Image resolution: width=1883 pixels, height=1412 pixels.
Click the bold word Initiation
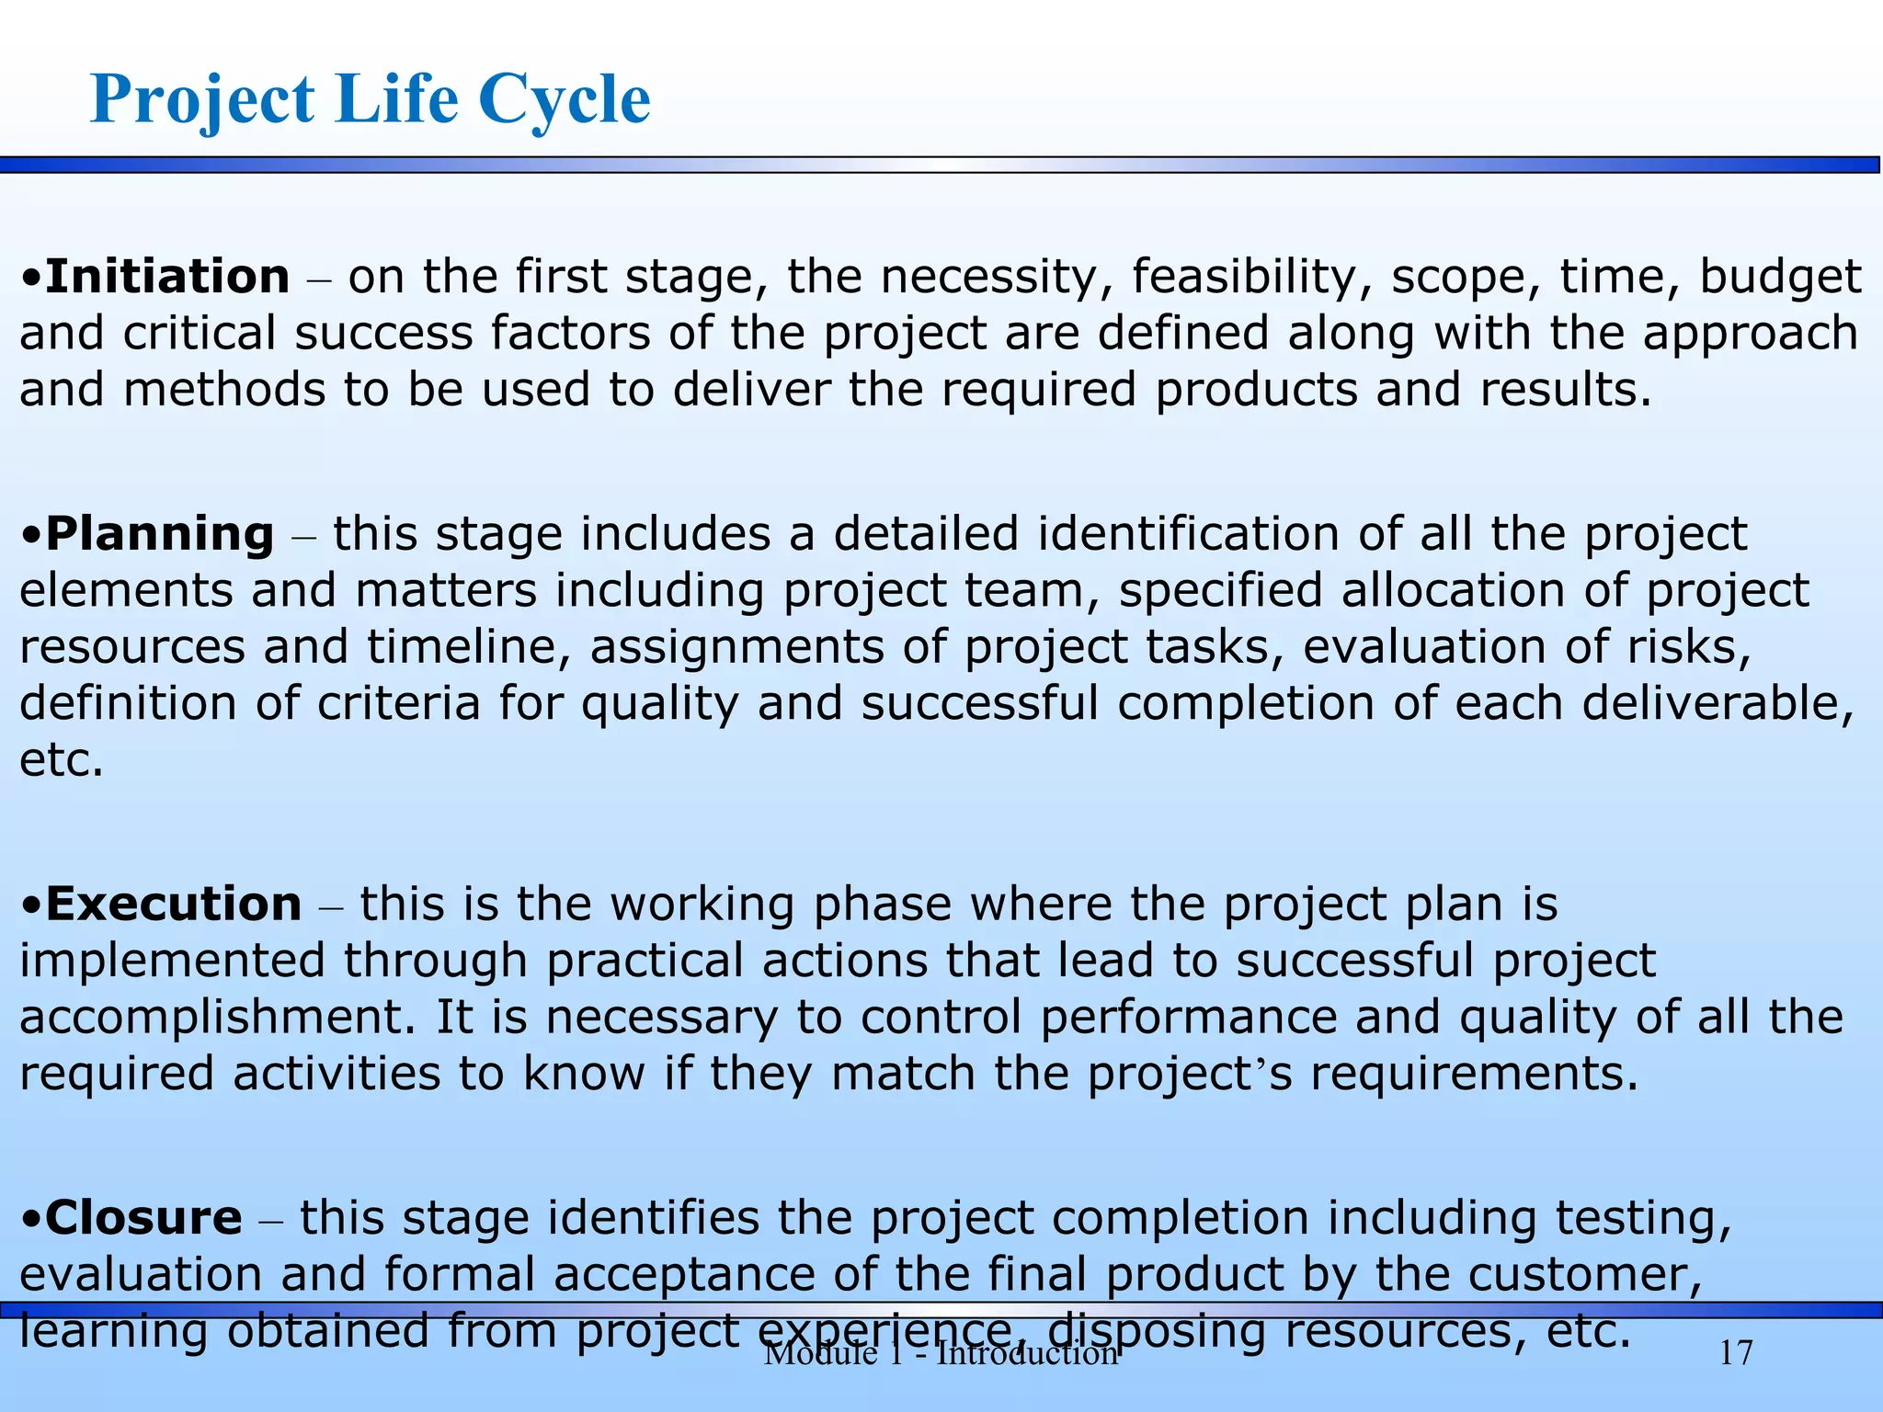[x=167, y=277]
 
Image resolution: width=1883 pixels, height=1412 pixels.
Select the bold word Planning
[x=159, y=534]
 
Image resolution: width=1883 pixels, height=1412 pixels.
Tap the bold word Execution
[x=173, y=904]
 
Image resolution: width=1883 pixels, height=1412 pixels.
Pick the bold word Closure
[x=143, y=1218]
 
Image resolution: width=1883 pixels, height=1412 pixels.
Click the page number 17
[x=1736, y=1353]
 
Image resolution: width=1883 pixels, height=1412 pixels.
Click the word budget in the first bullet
[x=1780, y=277]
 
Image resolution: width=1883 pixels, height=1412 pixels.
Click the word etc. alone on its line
[x=62, y=760]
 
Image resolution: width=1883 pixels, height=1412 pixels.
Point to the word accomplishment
[x=217, y=1018]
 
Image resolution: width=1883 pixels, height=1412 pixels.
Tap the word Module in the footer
[x=820, y=1353]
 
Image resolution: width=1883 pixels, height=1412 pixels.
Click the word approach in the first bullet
[x=1751, y=334]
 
